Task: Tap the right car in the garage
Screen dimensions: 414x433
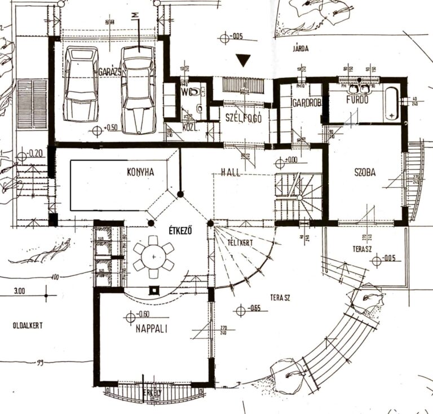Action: click(138, 89)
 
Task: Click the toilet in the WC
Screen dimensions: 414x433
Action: click(194, 90)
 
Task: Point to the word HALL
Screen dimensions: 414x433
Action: click(231, 173)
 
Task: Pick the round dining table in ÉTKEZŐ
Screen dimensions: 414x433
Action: click(153, 257)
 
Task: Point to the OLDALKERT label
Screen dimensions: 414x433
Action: click(27, 325)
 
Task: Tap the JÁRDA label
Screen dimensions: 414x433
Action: click(301, 49)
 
